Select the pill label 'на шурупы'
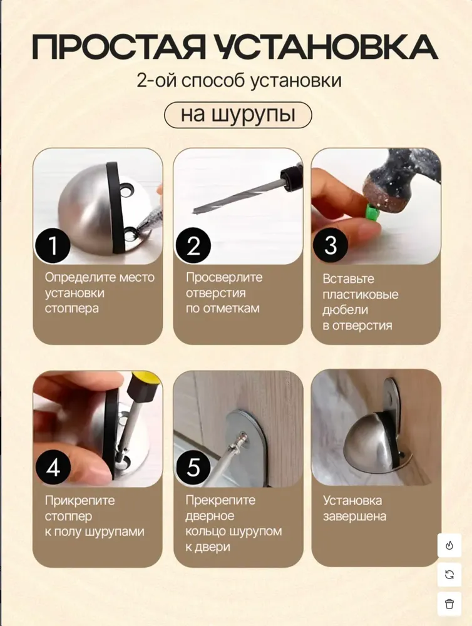click(x=238, y=115)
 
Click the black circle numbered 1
click(x=53, y=245)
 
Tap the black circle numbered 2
click(x=193, y=245)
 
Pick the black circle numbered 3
click(x=331, y=245)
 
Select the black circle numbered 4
click(x=53, y=467)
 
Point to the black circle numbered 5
click(x=193, y=467)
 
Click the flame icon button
click(x=449, y=545)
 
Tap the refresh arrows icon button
click(x=449, y=575)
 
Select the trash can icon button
click(x=449, y=603)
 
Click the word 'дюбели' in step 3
click(x=345, y=310)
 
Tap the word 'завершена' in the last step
click(x=354, y=516)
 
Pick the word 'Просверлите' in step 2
click(x=224, y=277)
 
